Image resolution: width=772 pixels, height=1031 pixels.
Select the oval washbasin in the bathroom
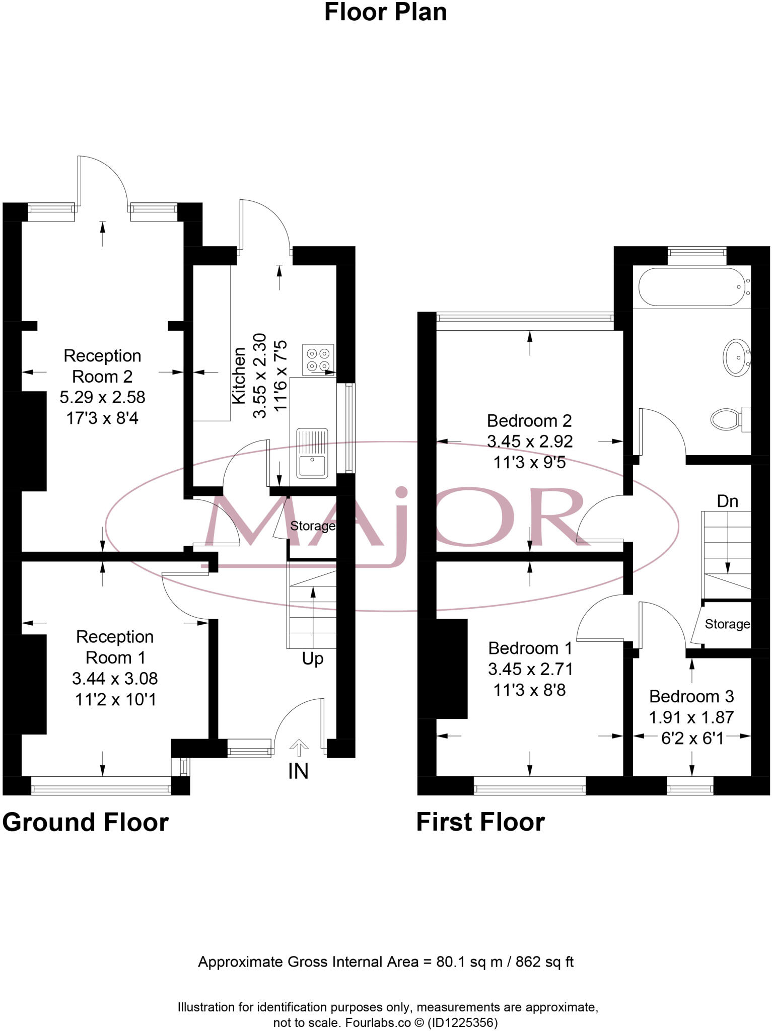pyautogui.click(x=736, y=357)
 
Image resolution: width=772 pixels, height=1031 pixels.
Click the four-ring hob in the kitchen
pyautogui.click(x=318, y=359)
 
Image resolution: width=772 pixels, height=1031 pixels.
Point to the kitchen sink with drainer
pyautogui.click(x=312, y=453)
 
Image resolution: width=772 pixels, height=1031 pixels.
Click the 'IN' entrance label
pyautogui.click(x=298, y=771)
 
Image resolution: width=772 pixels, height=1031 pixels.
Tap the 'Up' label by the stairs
pyautogui.click(x=312, y=658)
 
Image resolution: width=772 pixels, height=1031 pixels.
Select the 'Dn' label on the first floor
pyautogui.click(x=727, y=501)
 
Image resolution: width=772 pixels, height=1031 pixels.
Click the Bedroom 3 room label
pyautogui.click(x=691, y=696)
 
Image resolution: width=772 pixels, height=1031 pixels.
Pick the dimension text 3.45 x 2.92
pyautogui.click(x=530, y=441)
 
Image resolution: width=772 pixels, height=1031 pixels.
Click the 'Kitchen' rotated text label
pyautogui.click(x=239, y=375)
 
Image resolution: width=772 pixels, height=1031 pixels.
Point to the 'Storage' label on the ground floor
pyautogui.click(x=312, y=526)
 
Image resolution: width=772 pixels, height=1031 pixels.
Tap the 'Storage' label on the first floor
pyautogui.click(x=727, y=624)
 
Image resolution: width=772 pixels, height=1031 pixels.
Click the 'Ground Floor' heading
pyautogui.click(x=86, y=823)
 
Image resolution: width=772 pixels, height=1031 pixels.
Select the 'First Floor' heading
pyautogui.click(x=480, y=823)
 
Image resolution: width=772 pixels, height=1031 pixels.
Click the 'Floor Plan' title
pyautogui.click(x=385, y=13)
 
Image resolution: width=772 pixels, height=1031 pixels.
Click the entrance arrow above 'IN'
pyautogui.click(x=299, y=747)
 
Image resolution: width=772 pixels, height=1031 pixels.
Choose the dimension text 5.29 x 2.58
pyautogui.click(x=102, y=397)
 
